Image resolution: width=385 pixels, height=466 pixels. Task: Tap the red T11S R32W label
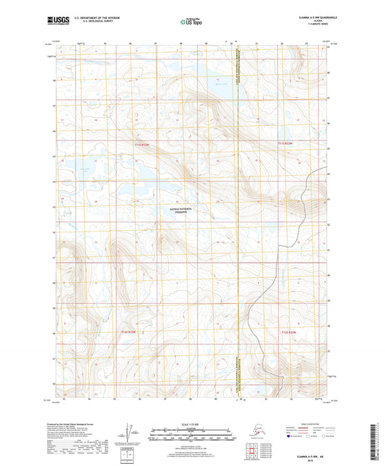coord(287,145)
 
